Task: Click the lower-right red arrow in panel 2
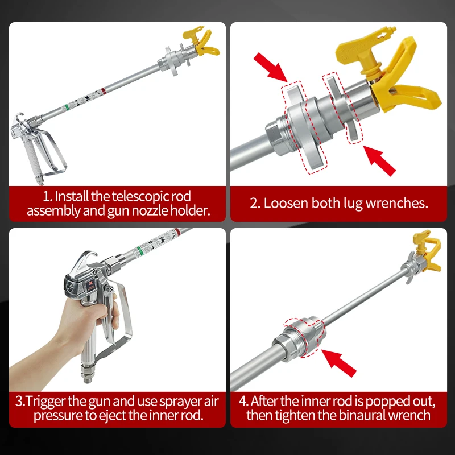[x=379, y=161]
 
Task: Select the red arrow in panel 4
[x=339, y=363]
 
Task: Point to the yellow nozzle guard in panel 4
[x=428, y=250]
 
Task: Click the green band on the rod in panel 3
[x=140, y=251]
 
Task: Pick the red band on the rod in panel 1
[x=104, y=91]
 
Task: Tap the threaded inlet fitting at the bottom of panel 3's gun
[x=87, y=374]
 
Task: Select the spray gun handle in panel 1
[x=30, y=157]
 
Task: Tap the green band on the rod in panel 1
[x=67, y=107]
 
